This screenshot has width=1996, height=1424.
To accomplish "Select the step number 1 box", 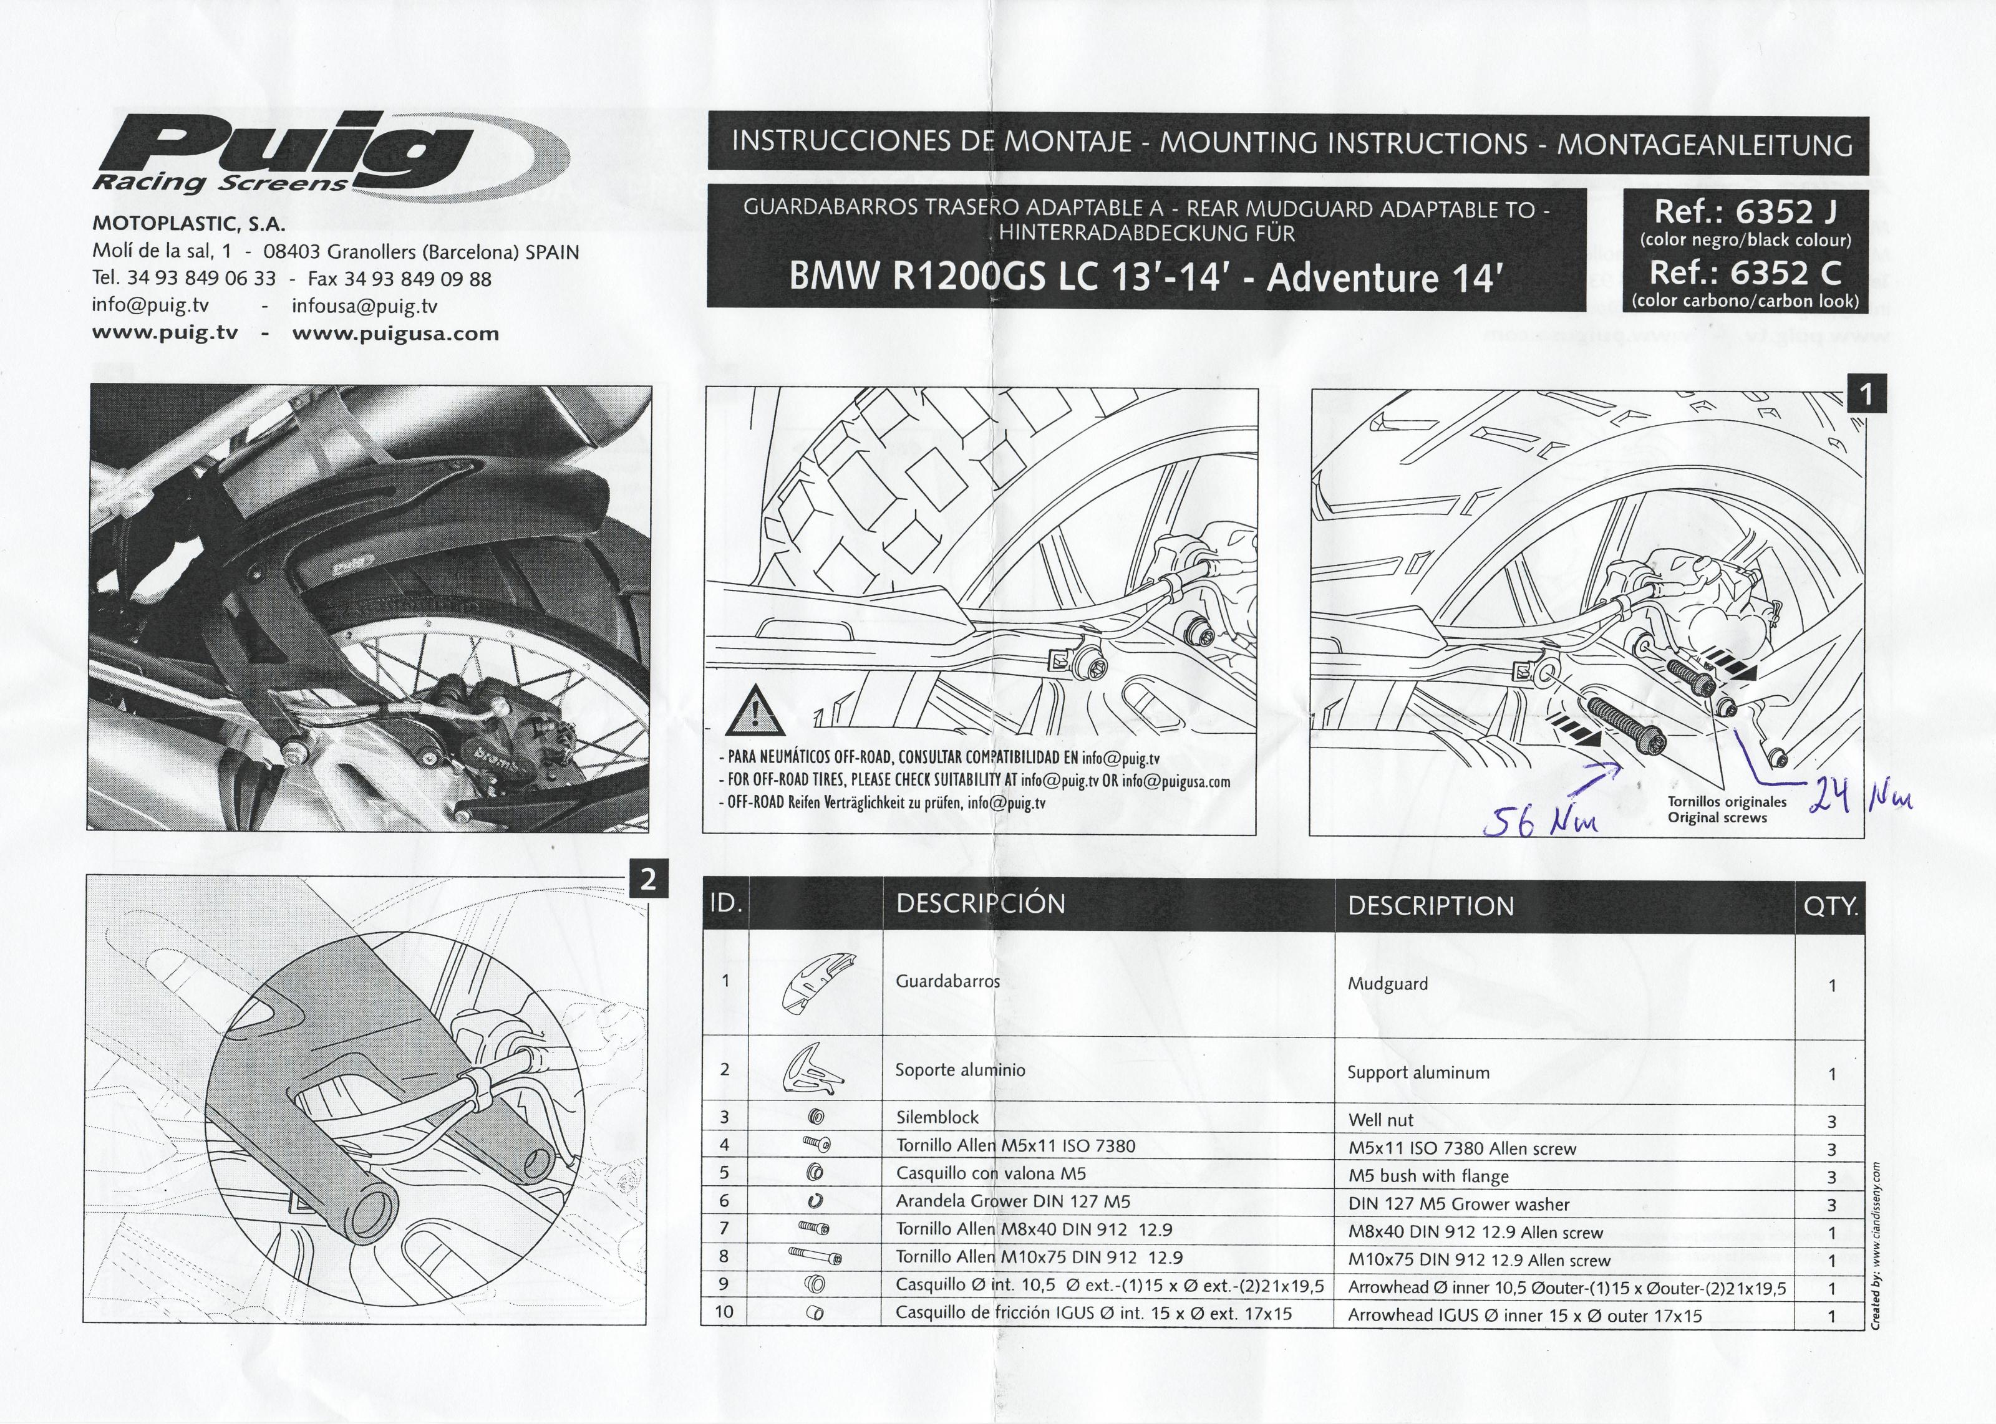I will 1866,395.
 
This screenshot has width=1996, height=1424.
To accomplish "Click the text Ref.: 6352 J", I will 1744,211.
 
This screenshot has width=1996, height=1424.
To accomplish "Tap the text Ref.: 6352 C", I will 1744,272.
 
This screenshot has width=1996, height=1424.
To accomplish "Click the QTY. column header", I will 1830,906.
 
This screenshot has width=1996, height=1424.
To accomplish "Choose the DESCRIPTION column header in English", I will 1430,906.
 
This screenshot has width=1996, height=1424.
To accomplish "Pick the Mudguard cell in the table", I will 1387,984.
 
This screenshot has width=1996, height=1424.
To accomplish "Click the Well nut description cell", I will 1380,1120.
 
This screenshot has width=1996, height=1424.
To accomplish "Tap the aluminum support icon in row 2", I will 812,1072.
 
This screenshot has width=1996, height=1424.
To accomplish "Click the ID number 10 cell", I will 724,1312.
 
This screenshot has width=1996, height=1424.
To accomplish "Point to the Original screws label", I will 1717,817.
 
